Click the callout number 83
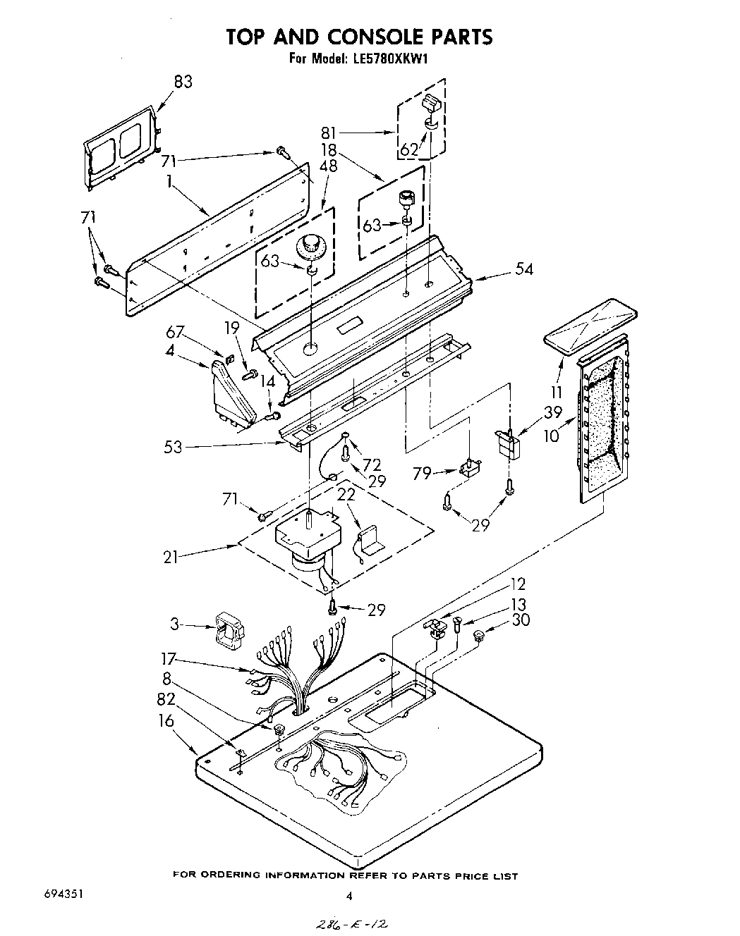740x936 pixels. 182,82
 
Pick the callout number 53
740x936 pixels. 173,446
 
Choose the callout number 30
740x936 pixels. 521,620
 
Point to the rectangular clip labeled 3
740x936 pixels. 226,629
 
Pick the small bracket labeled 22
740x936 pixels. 368,541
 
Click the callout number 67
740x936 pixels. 176,332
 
